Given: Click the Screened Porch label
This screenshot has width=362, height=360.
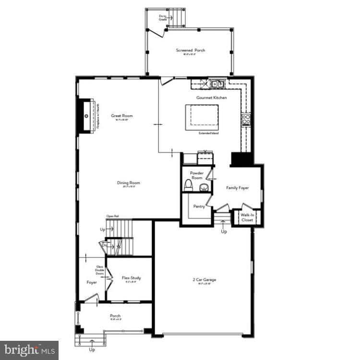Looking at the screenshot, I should (190, 50).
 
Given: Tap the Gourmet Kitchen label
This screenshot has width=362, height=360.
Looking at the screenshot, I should (211, 97).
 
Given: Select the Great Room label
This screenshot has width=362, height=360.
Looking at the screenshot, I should (122, 116).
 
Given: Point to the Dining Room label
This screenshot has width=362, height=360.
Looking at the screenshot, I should (128, 182).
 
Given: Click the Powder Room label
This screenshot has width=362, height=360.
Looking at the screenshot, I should (197, 175).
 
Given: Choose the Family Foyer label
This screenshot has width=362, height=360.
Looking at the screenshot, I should (237, 188).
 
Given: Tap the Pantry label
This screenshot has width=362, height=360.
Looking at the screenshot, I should (199, 206).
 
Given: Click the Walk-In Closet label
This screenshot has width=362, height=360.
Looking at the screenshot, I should (247, 217).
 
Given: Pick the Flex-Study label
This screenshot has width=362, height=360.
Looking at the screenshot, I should (131, 278).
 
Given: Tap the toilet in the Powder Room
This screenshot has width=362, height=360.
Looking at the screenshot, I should (188, 186).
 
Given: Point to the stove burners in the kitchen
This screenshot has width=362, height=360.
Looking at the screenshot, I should (246, 119).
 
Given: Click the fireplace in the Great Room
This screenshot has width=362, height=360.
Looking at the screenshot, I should (87, 116).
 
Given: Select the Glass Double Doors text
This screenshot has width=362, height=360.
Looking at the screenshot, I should (100, 270).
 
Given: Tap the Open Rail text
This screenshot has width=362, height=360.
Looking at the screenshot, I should (112, 216).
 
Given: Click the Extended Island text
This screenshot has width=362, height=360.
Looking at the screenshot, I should (208, 133).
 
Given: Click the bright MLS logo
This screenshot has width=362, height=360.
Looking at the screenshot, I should (29, 349).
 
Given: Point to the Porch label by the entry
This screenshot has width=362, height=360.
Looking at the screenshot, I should (115, 315).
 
